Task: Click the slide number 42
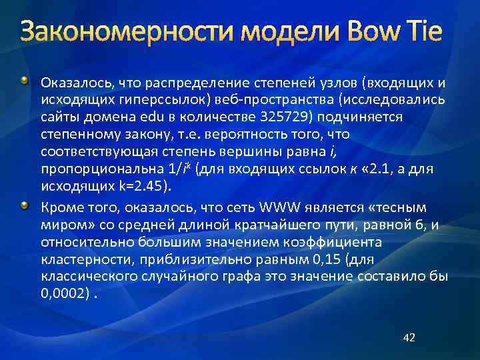pyautogui.click(x=409, y=338)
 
